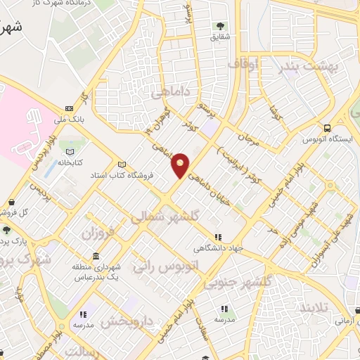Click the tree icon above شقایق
click(221, 27)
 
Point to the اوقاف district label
click(244, 65)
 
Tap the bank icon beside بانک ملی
click(69, 108)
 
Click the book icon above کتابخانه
click(69, 151)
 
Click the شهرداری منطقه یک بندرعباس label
click(95, 272)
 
